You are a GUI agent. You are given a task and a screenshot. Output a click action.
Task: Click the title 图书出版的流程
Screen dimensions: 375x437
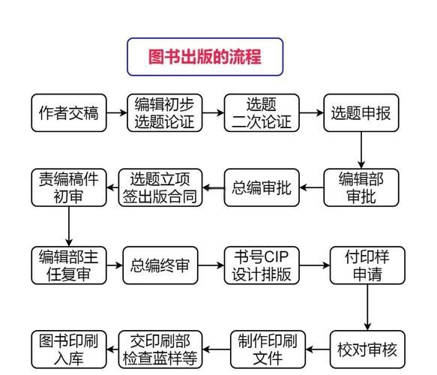tap(204, 58)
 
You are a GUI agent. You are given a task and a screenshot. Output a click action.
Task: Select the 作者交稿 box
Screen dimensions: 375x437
tap(68, 113)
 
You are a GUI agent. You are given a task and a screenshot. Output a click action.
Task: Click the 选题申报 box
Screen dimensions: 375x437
tap(361, 113)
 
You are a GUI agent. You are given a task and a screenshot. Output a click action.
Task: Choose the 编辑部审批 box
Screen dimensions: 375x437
tap(361, 187)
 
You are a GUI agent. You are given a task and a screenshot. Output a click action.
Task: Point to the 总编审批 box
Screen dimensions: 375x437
tap(262, 187)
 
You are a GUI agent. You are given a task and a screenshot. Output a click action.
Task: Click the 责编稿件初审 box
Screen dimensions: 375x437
tap(68, 187)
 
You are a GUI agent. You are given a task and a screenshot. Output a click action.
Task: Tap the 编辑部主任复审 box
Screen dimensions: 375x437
tap(68, 265)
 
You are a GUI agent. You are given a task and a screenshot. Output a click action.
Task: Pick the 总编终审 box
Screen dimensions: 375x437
tap(160, 265)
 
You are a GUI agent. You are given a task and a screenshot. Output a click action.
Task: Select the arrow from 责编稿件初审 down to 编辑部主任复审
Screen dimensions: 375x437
tap(68, 226)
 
